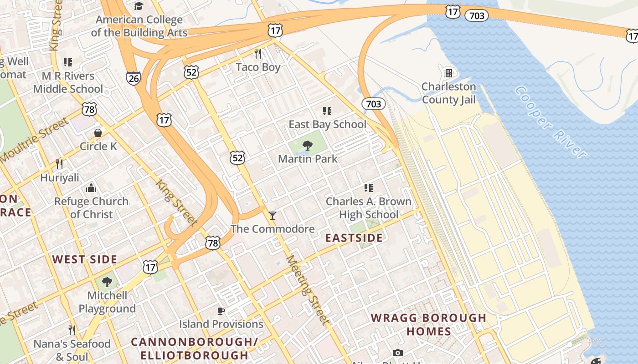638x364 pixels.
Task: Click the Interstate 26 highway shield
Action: click(133, 77)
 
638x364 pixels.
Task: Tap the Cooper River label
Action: click(550, 122)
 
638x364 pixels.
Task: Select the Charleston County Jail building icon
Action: click(448, 73)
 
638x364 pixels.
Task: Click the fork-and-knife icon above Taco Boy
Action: click(258, 54)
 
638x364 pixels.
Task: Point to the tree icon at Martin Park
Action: click(308, 146)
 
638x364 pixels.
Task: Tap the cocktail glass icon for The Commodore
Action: click(273, 215)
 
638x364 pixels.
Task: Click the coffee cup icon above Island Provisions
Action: click(221, 311)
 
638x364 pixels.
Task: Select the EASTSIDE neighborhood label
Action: click(354, 238)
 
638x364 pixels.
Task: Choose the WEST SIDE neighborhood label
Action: click(84, 260)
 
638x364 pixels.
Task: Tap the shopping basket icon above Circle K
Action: click(98, 133)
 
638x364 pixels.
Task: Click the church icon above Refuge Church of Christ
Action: click(91, 188)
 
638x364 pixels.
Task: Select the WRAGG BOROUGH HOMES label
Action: click(428, 324)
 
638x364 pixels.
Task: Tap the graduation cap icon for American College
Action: click(139, 6)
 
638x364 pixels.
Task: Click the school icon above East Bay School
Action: click(327, 111)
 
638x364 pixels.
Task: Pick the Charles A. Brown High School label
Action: click(368, 208)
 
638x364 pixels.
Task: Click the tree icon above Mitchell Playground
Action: click(107, 282)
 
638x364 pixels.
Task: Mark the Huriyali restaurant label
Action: click(60, 177)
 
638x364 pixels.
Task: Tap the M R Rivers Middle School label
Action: click(68, 82)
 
